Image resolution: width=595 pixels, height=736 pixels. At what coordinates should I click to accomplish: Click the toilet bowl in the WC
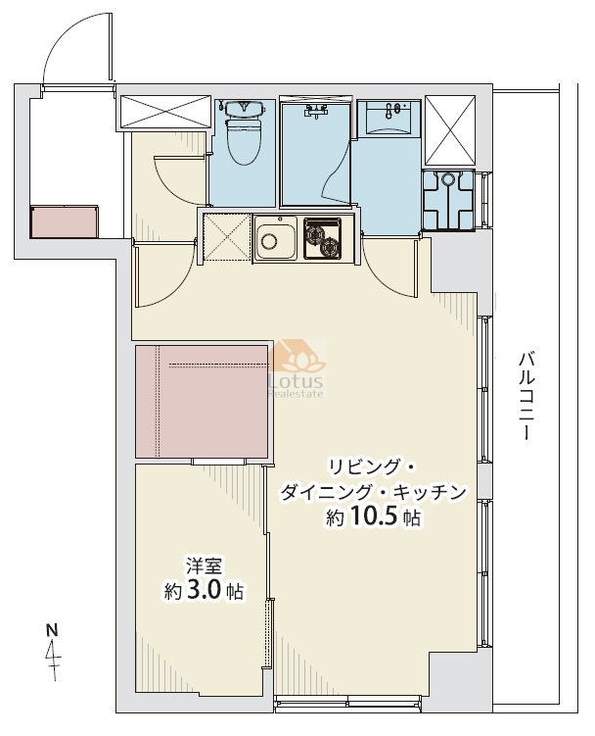(245, 142)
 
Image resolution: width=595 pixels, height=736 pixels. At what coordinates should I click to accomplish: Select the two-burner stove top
(322, 238)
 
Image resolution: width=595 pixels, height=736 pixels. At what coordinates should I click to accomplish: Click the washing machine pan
(449, 200)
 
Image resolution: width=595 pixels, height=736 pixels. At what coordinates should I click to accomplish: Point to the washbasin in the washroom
(389, 118)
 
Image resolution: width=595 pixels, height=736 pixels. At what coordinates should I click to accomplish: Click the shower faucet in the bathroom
(315, 111)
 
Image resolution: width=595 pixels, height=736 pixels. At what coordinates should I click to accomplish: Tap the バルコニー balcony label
(526, 397)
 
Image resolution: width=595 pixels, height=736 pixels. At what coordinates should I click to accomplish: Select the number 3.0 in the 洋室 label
(203, 591)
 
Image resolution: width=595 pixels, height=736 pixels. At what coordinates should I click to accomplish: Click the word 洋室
(204, 565)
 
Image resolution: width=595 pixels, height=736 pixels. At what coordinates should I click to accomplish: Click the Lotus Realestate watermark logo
(297, 369)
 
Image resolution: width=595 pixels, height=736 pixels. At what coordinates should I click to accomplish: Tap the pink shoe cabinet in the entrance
(65, 221)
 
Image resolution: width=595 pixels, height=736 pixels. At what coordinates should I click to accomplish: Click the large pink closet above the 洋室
(202, 402)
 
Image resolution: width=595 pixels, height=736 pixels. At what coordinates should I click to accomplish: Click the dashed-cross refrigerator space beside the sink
(227, 237)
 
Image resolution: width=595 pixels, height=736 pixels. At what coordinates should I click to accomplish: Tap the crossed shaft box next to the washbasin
(450, 130)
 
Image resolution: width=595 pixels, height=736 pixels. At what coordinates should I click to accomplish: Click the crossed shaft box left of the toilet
(165, 112)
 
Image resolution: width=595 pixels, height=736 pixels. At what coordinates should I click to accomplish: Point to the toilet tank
(245, 109)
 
